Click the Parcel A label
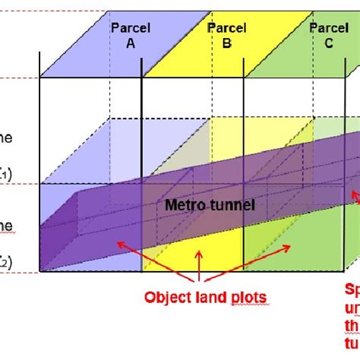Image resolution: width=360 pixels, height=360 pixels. [x=130, y=36]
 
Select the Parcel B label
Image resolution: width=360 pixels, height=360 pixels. [x=226, y=36]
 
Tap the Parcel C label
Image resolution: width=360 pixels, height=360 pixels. [x=328, y=36]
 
